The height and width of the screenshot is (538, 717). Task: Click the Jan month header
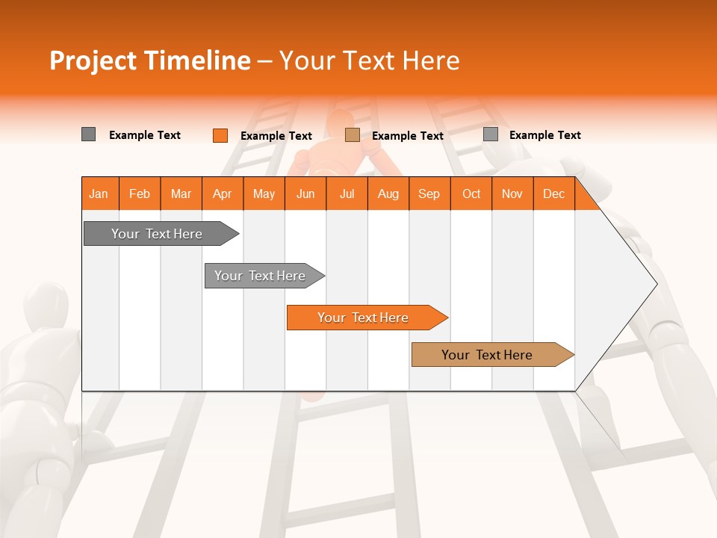point(99,194)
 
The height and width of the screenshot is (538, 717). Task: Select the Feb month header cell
point(140,194)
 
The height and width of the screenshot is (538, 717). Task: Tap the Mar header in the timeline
point(181,194)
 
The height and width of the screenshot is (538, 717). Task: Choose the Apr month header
point(222,194)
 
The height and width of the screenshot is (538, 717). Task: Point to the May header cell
point(264,194)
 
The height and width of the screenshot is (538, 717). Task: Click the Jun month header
point(305,194)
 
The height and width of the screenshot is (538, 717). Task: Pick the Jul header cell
point(347,194)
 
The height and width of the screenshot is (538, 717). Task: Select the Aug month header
point(388,194)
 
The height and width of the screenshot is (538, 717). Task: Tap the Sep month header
point(429,194)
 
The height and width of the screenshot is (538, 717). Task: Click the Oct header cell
point(471,194)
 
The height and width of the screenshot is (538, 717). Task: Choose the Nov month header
point(512,194)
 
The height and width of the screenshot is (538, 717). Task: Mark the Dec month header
point(553,194)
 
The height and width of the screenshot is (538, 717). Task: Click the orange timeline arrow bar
point(363,318)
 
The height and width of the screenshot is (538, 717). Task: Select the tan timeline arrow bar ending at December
point(487,355)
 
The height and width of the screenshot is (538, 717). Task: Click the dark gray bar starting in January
point(157,234)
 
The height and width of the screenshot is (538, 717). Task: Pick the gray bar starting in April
point(260,276)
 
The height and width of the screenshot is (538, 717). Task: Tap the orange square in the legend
point(220,135)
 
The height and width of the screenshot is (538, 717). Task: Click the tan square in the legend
point(353,135)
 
